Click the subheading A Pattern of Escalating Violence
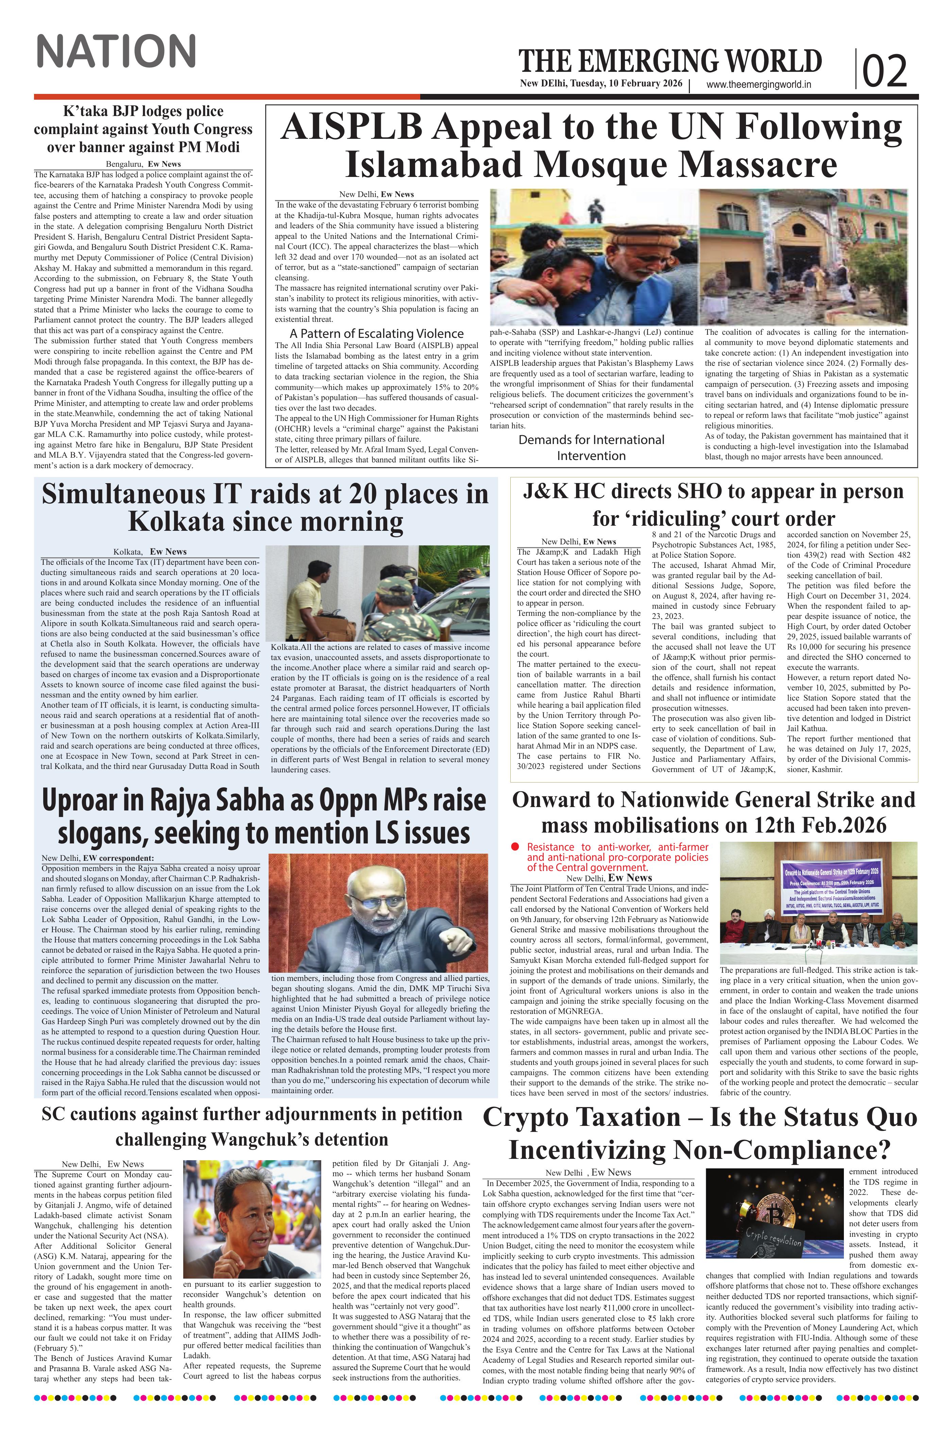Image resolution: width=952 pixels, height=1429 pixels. [376, 333]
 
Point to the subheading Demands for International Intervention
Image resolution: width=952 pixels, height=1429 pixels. [591, 447]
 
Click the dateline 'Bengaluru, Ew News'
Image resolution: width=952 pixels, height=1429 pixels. [143, 164]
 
